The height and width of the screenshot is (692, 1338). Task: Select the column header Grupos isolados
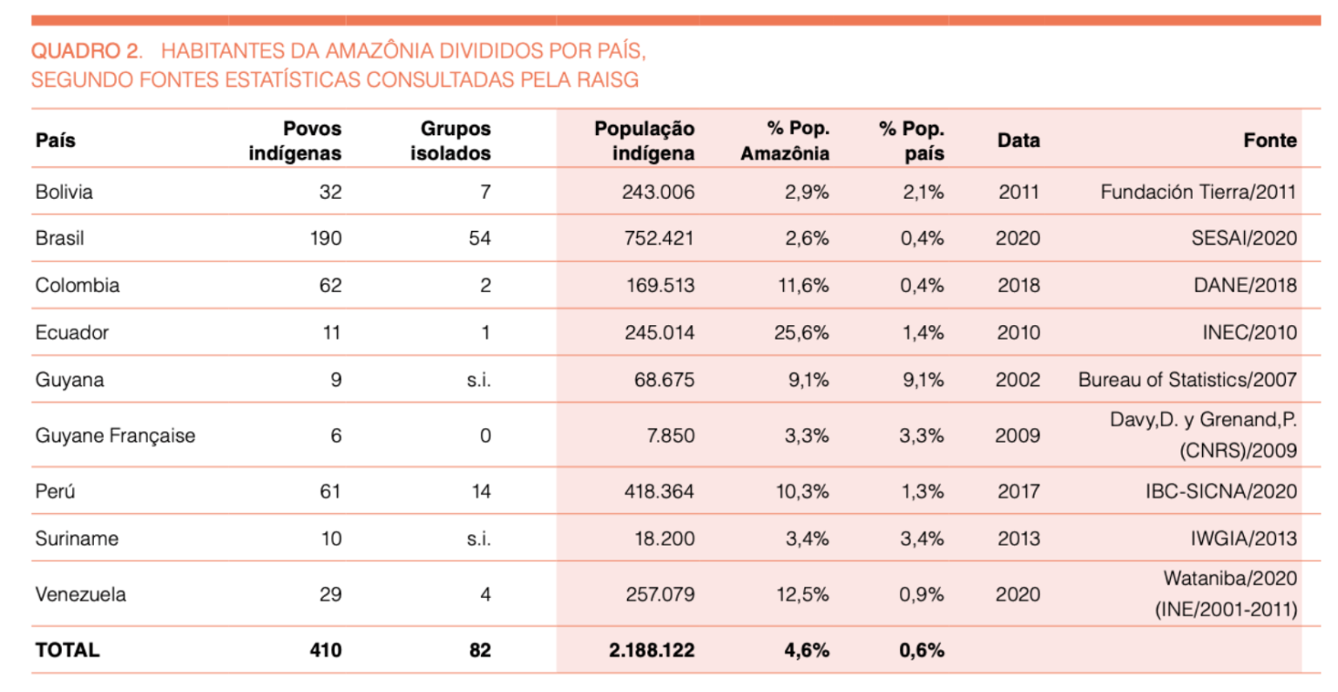click(x=450, y=140)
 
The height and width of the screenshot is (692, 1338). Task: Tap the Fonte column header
click(x=1270, y=140)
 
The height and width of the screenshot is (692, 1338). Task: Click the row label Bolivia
click(x=64, y=192)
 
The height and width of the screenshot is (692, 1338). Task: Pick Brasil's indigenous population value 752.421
click(x=659, y=239)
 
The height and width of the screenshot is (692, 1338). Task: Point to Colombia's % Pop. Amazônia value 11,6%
click(x=803, y=286)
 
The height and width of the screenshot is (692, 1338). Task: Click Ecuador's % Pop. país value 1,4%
click(x=922, y=332)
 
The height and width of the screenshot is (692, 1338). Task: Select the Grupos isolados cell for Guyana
click(x=478, y=379)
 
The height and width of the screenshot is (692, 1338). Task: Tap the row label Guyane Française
click(x=115, y=436)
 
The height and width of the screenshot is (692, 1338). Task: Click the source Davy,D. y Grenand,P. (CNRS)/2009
click(x=1204, y=435)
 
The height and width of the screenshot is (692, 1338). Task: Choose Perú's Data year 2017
click(x=1018, y=492)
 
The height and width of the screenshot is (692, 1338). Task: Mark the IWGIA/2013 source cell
click(x=1244, y=539)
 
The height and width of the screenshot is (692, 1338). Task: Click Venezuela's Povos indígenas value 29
click(x=330, y=594)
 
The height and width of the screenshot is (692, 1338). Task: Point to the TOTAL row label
click(x=67, y=650)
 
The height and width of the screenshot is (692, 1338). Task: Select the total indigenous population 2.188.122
click(x=652, y=650)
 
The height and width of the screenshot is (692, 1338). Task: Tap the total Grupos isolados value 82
click(x=480, y=650)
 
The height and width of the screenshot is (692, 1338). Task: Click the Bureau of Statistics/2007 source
click(x=1187, y=379)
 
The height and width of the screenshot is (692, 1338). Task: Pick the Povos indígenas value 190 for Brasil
click(x=326, y=239)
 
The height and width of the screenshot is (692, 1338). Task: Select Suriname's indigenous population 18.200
click(x=665, y=539)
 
